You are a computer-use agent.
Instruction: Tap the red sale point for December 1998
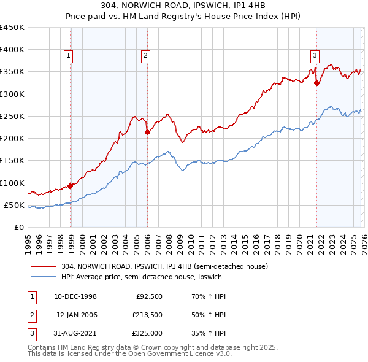[x=71, y=186]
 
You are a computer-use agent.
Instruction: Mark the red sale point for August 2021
[x=317, y=83]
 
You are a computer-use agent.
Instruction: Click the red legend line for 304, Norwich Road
[x=42, y=267]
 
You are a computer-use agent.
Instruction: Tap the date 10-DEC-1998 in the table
[x=75, y=296]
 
